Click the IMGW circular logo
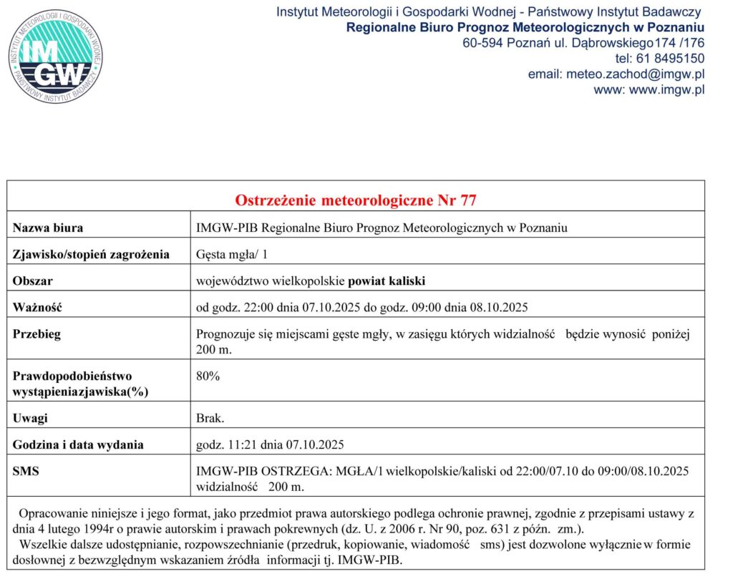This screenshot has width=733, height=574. point(55,55)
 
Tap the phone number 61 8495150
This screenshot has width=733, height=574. point(669,58)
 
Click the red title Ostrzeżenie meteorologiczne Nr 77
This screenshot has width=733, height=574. point(356,200)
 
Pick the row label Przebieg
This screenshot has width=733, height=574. point(37,334)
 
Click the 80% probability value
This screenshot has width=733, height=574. point(208,375)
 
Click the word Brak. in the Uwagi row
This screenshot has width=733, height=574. point(210,418)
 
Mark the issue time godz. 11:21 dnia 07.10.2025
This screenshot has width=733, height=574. point(270,444)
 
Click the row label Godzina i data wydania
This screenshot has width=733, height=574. point(78,444)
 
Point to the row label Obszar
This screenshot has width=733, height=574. point(33,281)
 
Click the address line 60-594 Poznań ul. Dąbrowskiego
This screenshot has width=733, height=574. point(554,43)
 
